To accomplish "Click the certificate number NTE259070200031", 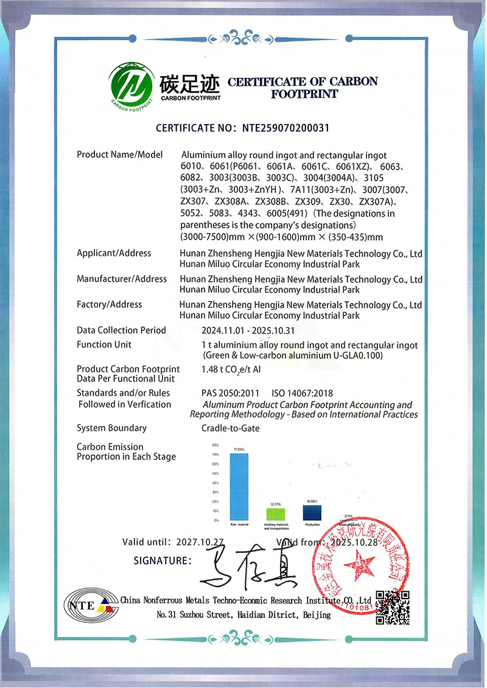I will point(286,128).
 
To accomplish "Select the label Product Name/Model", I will point(120,155).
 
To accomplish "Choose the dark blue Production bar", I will point(312,512).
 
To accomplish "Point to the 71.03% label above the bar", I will point(239,450).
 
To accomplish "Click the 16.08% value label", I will point(312,501).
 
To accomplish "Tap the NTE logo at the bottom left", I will point(88,603).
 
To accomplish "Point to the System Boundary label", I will point(111,428).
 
